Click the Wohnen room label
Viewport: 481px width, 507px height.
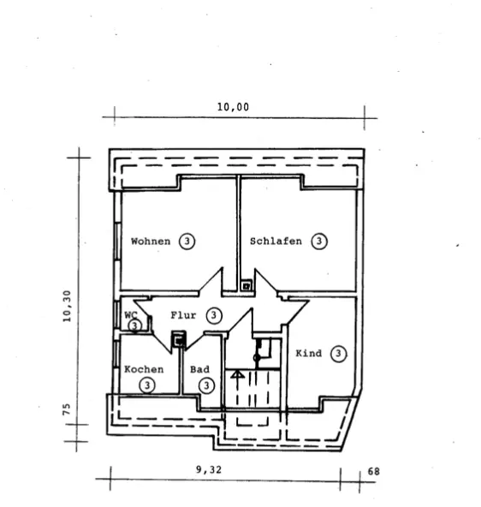(x=151, y=242)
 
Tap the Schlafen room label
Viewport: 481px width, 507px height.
(x=276, y=241)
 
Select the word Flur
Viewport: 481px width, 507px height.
(x=183, y=315)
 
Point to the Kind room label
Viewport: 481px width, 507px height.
(x=309, y=353)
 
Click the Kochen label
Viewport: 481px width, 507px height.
(x=144, y=369)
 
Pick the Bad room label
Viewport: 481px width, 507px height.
(x=199, y=369)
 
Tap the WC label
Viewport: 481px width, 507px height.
(x=131, y=314)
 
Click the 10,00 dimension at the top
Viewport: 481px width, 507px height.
(x=233, y=107)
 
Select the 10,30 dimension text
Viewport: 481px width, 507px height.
(x=67, y=306)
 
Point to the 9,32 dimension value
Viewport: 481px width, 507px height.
(x=209, y=469)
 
